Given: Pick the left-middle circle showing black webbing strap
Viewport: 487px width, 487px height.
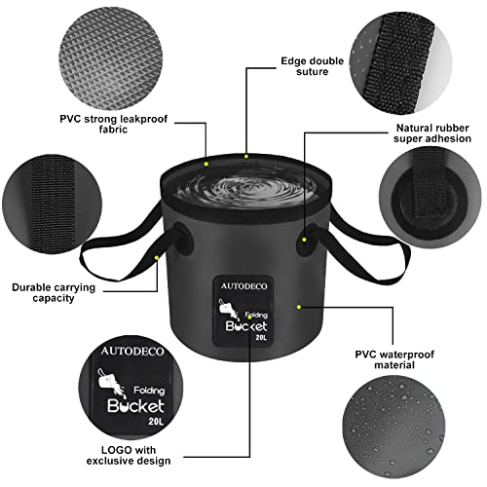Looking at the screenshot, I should click(x=45, y=210).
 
